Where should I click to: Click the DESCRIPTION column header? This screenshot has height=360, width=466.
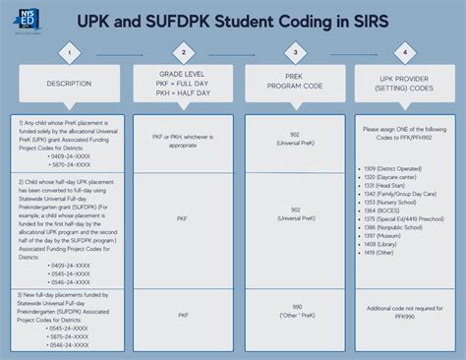click(70, 84)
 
